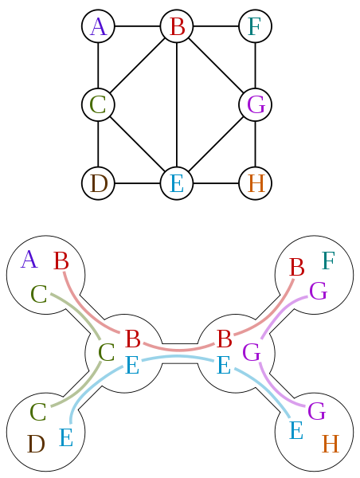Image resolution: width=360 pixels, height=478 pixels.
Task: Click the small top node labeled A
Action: [x=98, y=26]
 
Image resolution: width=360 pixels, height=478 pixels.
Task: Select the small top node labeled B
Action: [x=177, y=26]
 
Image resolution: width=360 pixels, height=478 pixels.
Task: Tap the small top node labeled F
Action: [x=255, y=26]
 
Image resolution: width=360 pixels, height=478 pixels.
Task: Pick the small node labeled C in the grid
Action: [x=98, y=104]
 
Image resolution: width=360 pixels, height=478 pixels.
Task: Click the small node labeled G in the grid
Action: [x=256, y=104]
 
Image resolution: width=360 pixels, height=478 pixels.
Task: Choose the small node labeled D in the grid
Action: [x=98, y=183]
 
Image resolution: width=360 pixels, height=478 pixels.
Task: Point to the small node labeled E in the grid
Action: [x=177, y=183]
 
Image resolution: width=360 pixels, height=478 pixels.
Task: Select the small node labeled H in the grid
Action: [x=256, y=183]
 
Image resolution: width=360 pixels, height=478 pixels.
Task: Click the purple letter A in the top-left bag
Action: [x=29, y=260]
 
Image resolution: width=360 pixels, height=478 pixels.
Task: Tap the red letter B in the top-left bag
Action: [x=61, y=261]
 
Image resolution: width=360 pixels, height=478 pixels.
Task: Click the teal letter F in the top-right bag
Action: [x=328, y=261]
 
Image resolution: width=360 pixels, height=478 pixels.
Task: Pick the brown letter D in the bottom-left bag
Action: [x=36, y=444]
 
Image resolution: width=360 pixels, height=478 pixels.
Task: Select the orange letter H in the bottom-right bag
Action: [x=331, y=444]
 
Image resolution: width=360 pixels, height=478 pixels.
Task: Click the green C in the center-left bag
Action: [x=106, y=352]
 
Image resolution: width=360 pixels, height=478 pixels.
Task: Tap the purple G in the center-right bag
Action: [x=252, y=352]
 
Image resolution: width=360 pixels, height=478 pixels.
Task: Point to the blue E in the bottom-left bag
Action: [x=66, y=437]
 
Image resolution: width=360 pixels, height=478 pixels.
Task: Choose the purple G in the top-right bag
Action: [x=318, y=292]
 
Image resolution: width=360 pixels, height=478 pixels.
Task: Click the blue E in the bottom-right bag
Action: [x=295, y=431]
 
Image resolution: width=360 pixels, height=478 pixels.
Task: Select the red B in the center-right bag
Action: [x=225, y=339]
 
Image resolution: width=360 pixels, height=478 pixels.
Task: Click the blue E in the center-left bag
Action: [x=132, y=366]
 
